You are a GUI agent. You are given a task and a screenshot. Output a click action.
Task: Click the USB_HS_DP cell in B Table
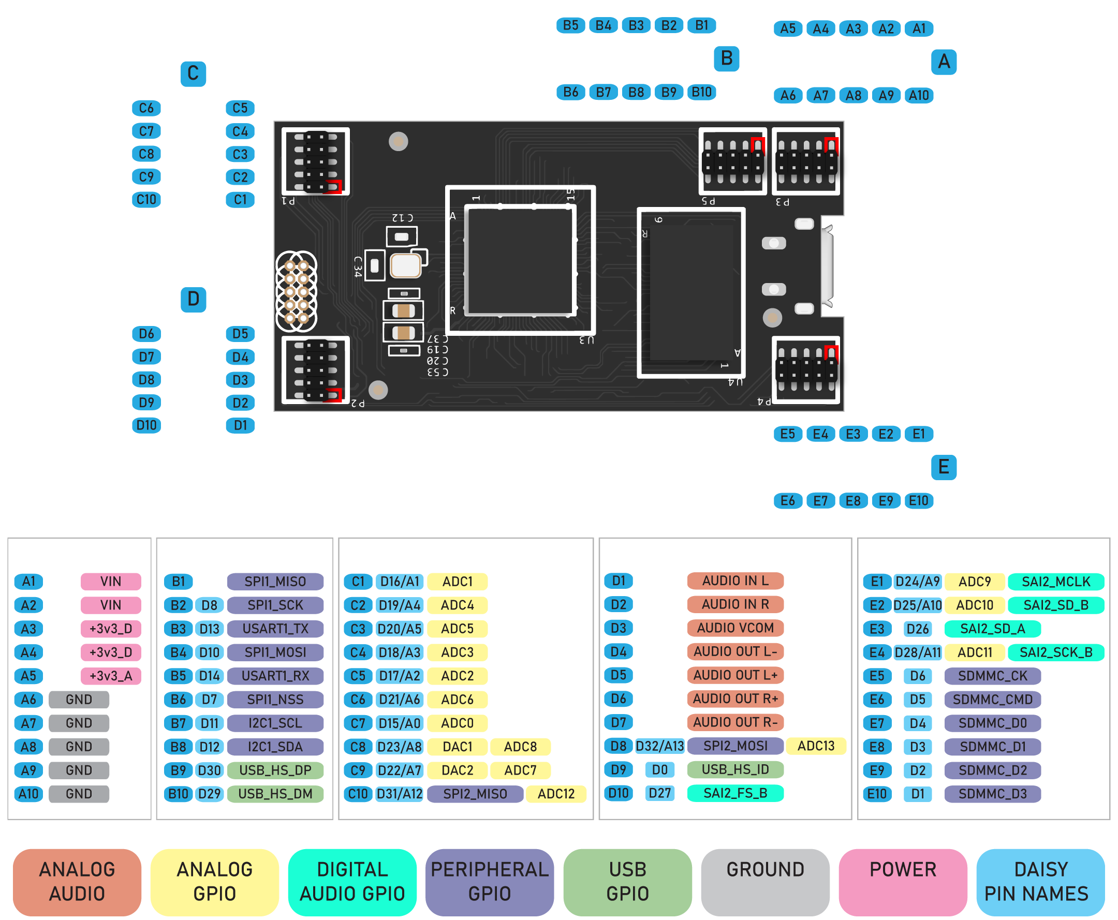pos(275,770)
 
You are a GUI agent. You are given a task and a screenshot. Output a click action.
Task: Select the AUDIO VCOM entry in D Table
pos(735,628)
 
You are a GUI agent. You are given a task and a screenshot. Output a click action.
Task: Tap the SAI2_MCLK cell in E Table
pos(1055,582)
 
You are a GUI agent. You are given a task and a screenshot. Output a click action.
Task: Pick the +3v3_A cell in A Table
pos(111,676)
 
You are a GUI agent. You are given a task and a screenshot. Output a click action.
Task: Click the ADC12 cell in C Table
pos(555,794)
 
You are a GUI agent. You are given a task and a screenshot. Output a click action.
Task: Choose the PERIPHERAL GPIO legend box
pos(489,881)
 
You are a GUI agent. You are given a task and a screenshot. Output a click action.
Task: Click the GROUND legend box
pos(765,881)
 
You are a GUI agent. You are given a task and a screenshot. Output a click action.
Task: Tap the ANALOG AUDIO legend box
pos(77,881)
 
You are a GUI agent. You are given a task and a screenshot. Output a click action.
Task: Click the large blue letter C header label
pos(193,73)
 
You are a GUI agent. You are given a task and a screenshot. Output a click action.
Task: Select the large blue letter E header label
pos(944,467)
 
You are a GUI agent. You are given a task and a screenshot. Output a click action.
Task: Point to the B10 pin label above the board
pos(701,92)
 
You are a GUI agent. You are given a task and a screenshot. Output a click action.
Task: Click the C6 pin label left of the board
pos(146,108)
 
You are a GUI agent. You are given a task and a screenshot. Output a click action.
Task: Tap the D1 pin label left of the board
pos(240,425)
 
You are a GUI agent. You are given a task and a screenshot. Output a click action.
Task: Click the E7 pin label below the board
pos(820,501)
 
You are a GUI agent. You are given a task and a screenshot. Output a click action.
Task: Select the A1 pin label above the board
pos(919,28)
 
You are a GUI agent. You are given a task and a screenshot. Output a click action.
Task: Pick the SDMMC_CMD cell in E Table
pos(992,700)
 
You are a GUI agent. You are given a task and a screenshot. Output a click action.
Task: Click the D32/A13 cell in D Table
pos(659,746)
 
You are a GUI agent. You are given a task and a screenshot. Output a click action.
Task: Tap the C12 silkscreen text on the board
pos(402,218)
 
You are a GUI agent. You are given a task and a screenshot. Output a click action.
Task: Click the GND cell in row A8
pos(79,747)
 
